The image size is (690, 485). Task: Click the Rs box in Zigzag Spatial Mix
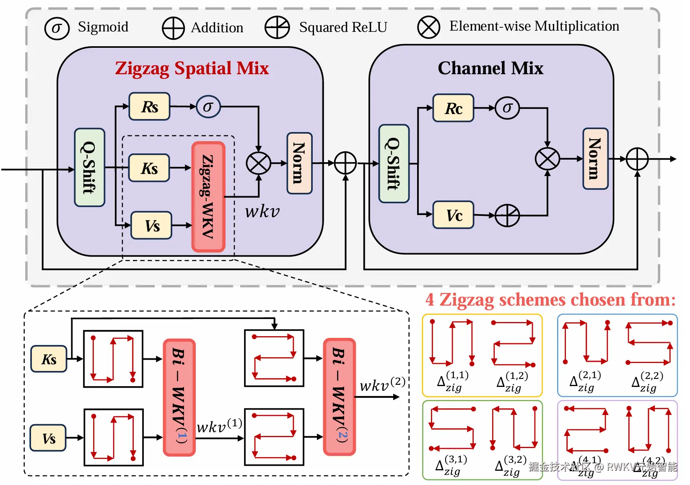(150, 106)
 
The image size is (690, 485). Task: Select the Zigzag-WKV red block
(208, 197)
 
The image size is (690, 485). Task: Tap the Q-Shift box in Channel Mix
(394, 163)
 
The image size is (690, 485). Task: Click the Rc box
(453, 108)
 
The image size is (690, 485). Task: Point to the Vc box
(453, 215)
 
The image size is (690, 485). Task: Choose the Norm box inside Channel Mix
(595, 158)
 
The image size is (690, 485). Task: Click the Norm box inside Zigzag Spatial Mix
(299, 163)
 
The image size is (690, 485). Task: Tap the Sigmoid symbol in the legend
(57, 29)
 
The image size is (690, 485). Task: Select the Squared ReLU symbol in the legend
(277, 28)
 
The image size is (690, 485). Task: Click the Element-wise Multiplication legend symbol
(428, 28)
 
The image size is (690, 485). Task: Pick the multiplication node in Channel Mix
(547, 159)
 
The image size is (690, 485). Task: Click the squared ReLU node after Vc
(507, 215)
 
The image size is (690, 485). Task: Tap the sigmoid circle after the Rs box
(208, 106)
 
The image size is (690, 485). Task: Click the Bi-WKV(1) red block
(179, 397)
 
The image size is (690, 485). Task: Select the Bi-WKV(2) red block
(339, 397)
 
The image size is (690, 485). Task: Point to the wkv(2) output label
(382, 384)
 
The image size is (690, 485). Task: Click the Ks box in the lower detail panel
(49, 359)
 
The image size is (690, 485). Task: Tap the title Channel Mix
(490, 68)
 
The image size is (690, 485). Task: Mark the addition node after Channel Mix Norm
(637, 159)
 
